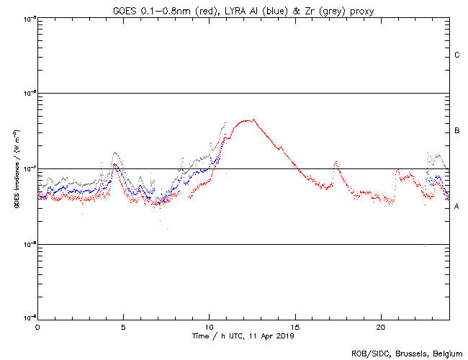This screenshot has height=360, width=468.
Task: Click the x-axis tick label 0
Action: (37, 326)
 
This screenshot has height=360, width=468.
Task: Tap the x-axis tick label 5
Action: (123, 326)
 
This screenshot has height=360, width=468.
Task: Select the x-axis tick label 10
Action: (209, 326)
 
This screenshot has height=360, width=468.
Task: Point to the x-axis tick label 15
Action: (295, 326)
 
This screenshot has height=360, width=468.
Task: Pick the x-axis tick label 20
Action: (381, 326)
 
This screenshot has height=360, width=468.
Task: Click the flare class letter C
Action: (457, 55)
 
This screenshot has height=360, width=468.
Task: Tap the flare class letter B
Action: (457, 131)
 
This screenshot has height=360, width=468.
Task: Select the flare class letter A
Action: (457, 207)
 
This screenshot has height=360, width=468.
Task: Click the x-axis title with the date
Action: (243, 336)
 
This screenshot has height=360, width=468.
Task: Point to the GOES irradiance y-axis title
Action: (16, 169)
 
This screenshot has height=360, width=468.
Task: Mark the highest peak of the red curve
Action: (249, 120)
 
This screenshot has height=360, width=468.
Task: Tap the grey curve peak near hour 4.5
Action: (115, 153)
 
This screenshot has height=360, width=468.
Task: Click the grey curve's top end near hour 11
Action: (225, 122)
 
